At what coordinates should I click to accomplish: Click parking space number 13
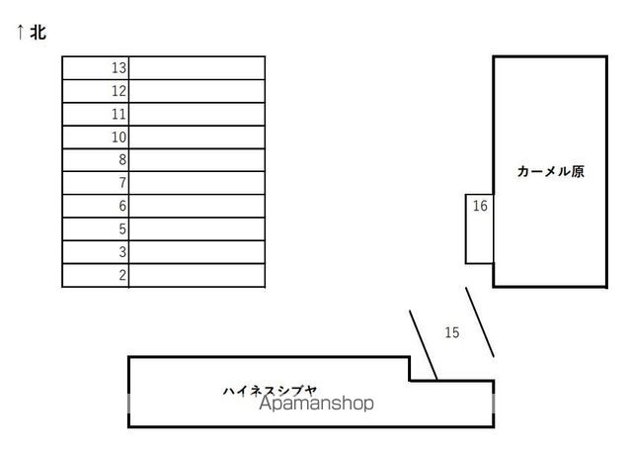point(118,68)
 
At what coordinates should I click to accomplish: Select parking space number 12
point(118,91)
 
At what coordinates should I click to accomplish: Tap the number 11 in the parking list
point(118,114)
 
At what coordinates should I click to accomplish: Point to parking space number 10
point(118,137)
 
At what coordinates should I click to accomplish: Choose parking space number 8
point(122,160)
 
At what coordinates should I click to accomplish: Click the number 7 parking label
point(122,183)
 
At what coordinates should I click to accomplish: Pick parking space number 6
point(122,206)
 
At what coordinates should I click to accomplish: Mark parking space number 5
point(122,228)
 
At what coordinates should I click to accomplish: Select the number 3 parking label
point(122,252)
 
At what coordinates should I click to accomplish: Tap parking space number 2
point(122,275)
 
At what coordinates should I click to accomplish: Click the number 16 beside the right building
point(480,206)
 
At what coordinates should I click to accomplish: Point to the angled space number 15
point(452,332)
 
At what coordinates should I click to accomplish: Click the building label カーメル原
point(551,171)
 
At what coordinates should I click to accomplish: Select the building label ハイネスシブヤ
point(270,391)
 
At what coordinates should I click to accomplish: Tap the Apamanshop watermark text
point(316,403)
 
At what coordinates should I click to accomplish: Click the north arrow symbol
point(20,32)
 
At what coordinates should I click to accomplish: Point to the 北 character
point(39,32)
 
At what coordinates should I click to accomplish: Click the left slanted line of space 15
point(424,345)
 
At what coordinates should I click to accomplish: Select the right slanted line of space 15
point(480,322)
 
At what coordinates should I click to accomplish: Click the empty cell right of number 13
point(197,68)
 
